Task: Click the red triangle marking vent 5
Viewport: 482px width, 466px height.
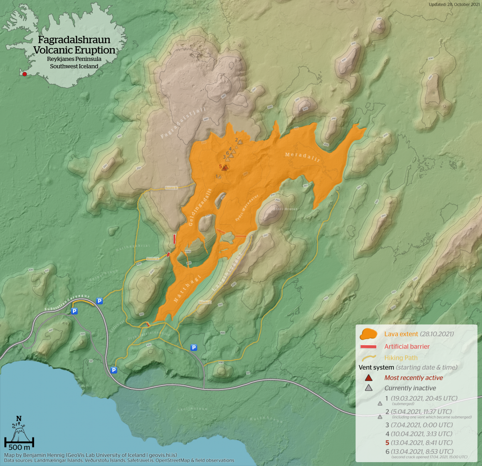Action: pos(225,168)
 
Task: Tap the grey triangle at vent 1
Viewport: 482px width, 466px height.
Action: pos(220,176)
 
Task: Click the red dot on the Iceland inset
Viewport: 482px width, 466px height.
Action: pos(25,74)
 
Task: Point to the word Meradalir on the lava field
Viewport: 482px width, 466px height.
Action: pos(302,157)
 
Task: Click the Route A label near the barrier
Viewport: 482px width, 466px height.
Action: pos(152,259)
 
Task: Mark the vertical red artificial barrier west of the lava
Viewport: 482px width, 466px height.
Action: pos(174,239)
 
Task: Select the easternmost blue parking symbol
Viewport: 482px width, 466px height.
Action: pos(194,347)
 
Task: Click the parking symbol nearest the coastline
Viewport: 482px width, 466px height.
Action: pos(114,370)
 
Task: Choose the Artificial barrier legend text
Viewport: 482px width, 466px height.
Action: pos(407,346)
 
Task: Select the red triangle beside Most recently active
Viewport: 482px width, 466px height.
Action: pos(368,378)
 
